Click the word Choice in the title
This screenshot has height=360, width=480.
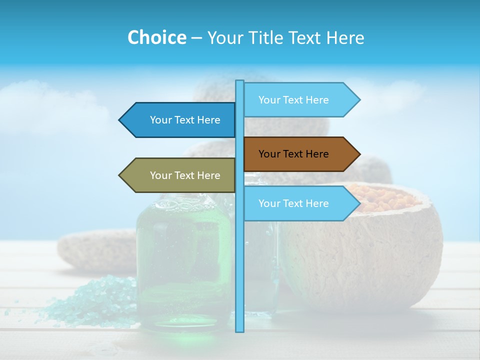coord(156,37)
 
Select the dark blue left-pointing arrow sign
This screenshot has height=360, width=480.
coord(180,120)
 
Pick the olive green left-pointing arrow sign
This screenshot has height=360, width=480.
coord(180,175)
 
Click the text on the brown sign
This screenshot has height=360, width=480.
coord(293,154)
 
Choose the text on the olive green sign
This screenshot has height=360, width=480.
coord(185,175)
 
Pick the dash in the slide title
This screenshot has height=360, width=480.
coord(196,37)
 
